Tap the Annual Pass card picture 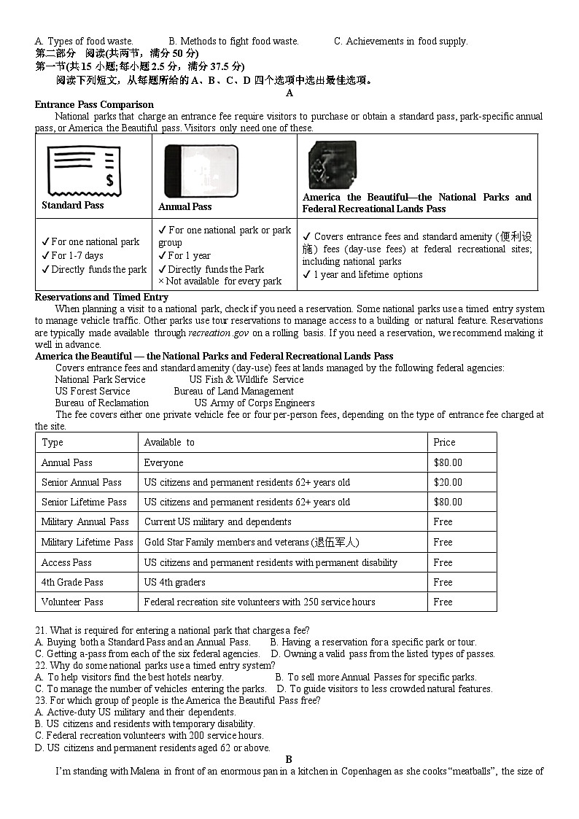coord(201,171)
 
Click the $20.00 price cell coord(448,482)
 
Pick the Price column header coord(444,442)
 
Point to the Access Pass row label coord(66,562)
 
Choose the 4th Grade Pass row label coord(72,582)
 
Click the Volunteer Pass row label coord(72,602)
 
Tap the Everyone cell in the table coord(164,462)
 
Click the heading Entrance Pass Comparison coord(94,104)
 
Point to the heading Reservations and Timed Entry coord(101,297)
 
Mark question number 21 coord(41,630)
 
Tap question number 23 coord(41,700)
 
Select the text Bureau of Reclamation coord(101,403)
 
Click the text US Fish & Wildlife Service coord(246,379)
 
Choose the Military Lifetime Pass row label coord(87,542)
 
